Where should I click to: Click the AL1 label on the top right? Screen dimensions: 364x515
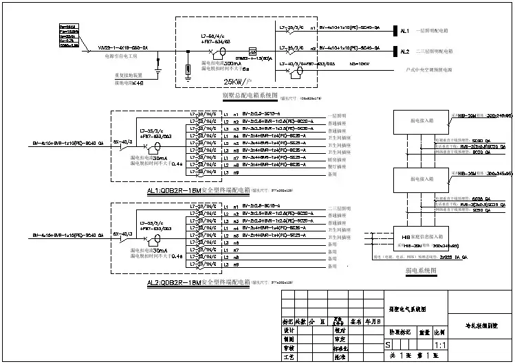[405, 31]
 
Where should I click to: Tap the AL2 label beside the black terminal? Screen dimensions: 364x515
[405, 51]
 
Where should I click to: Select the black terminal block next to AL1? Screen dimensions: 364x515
[394, 31]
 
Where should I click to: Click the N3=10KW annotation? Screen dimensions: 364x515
[359, 62]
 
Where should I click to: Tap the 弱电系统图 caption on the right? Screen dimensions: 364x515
[420, 271]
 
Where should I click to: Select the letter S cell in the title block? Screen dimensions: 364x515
[389, 343]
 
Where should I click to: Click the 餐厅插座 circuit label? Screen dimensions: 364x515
[337, 166]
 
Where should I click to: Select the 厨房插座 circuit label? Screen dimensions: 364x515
[337, 158]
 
